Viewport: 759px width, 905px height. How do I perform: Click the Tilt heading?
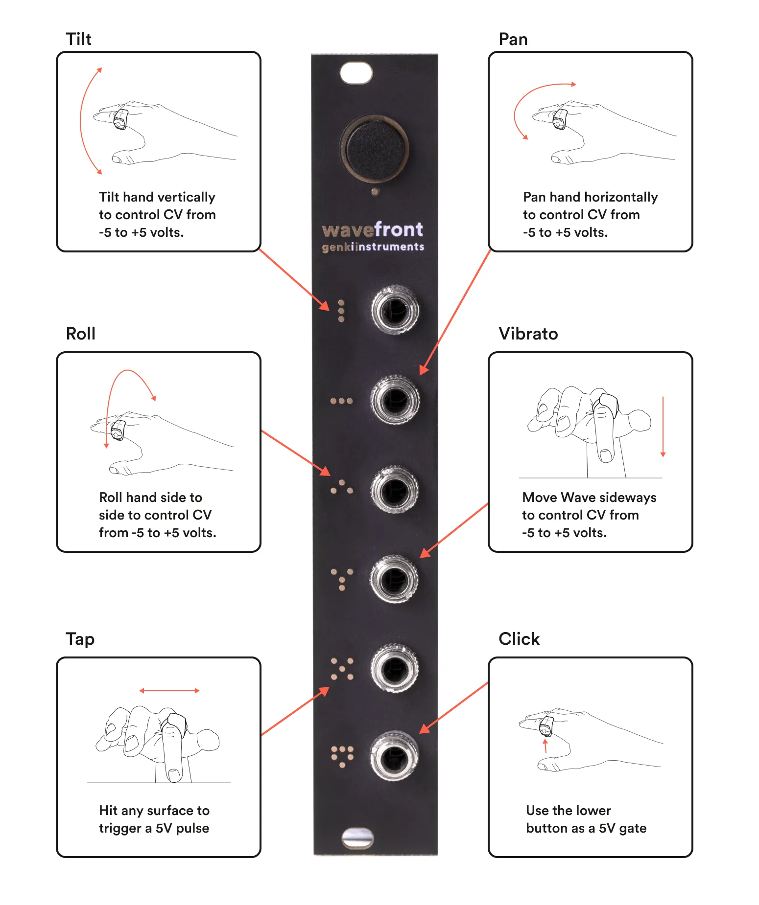point(78,39)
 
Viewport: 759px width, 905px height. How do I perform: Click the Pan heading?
point(513,39)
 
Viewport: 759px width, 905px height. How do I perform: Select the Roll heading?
point(80,334)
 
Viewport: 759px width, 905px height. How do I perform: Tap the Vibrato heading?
point(528,334)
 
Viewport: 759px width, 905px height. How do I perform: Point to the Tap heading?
point(80,639)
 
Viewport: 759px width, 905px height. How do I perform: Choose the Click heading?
point(519,639)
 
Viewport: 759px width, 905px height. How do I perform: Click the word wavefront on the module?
point(372,229)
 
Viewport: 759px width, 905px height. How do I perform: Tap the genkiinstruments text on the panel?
point(373,247)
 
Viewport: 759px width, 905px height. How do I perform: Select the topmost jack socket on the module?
point(395,310)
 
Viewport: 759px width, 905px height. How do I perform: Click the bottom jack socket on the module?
point(394,756)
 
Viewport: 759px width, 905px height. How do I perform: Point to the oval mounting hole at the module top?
point(356,73)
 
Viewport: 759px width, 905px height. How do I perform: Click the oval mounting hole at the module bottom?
point(357,837)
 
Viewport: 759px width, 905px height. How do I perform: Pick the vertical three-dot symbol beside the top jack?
point(341,311)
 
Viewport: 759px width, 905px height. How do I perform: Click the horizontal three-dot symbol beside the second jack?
point(341,401)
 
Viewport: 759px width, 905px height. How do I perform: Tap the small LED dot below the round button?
point(375,192)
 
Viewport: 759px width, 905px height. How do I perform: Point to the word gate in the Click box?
point(633,828)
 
